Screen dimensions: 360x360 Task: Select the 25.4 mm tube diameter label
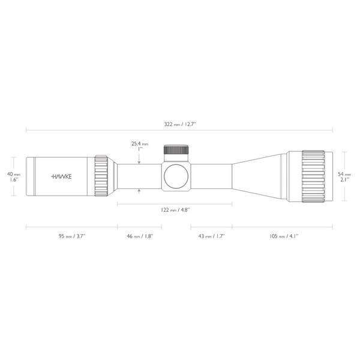[x=139, y=143]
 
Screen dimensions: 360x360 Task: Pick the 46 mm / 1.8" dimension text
[x=139, y=236]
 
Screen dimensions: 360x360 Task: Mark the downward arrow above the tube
[x=139, y=160]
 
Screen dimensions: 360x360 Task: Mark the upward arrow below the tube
[x=139, y=192]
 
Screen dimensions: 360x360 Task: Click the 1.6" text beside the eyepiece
[x=13, y=179]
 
